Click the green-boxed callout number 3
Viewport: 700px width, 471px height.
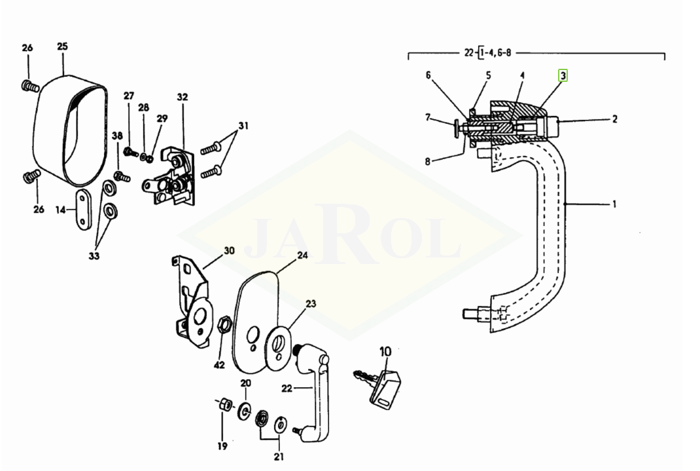pos(563,76)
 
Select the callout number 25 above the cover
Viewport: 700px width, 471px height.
pos(62,47)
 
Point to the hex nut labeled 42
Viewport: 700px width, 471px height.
pos(224,324)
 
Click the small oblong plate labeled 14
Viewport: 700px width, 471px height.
pos(83,209)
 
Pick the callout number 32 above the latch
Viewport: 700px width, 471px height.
pos(183,97)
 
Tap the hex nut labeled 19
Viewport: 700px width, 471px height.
pos(226,405)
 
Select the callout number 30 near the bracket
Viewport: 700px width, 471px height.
pos(228,251)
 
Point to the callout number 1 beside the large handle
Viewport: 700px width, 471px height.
pos(614,204)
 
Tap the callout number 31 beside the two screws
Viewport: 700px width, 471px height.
pos(243,126)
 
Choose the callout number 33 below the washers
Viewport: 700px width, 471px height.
pos(94,256)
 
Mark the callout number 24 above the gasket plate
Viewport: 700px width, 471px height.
pos(302,255)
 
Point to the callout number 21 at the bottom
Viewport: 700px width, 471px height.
pos(279,457)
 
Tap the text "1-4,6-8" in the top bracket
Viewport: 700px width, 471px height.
pos(496,53)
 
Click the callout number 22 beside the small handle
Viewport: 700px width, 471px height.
pos(287,388)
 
